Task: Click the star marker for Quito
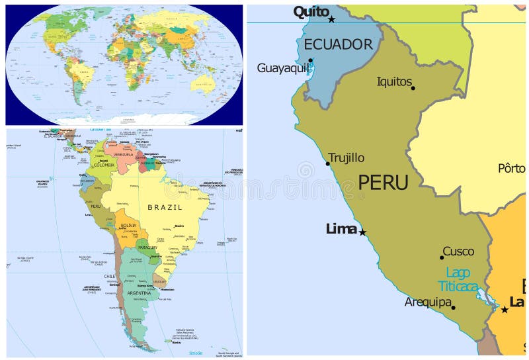point(331,19)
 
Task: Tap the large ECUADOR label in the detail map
point(339,45)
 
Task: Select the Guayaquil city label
point(282,68)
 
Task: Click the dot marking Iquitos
point(412,87)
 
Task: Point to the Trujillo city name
point(346,157)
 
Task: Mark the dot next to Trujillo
point(327,163)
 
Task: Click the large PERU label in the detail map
point(383,183)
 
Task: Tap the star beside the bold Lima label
point(362,232)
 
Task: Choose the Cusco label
point(458,251)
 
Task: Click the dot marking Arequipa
point(453,307)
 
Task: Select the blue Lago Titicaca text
point(458,279)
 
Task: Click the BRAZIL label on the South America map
point(165,207)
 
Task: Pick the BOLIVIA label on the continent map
point(128,225)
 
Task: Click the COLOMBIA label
point(104,165)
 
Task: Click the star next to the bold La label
point(505,309)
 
